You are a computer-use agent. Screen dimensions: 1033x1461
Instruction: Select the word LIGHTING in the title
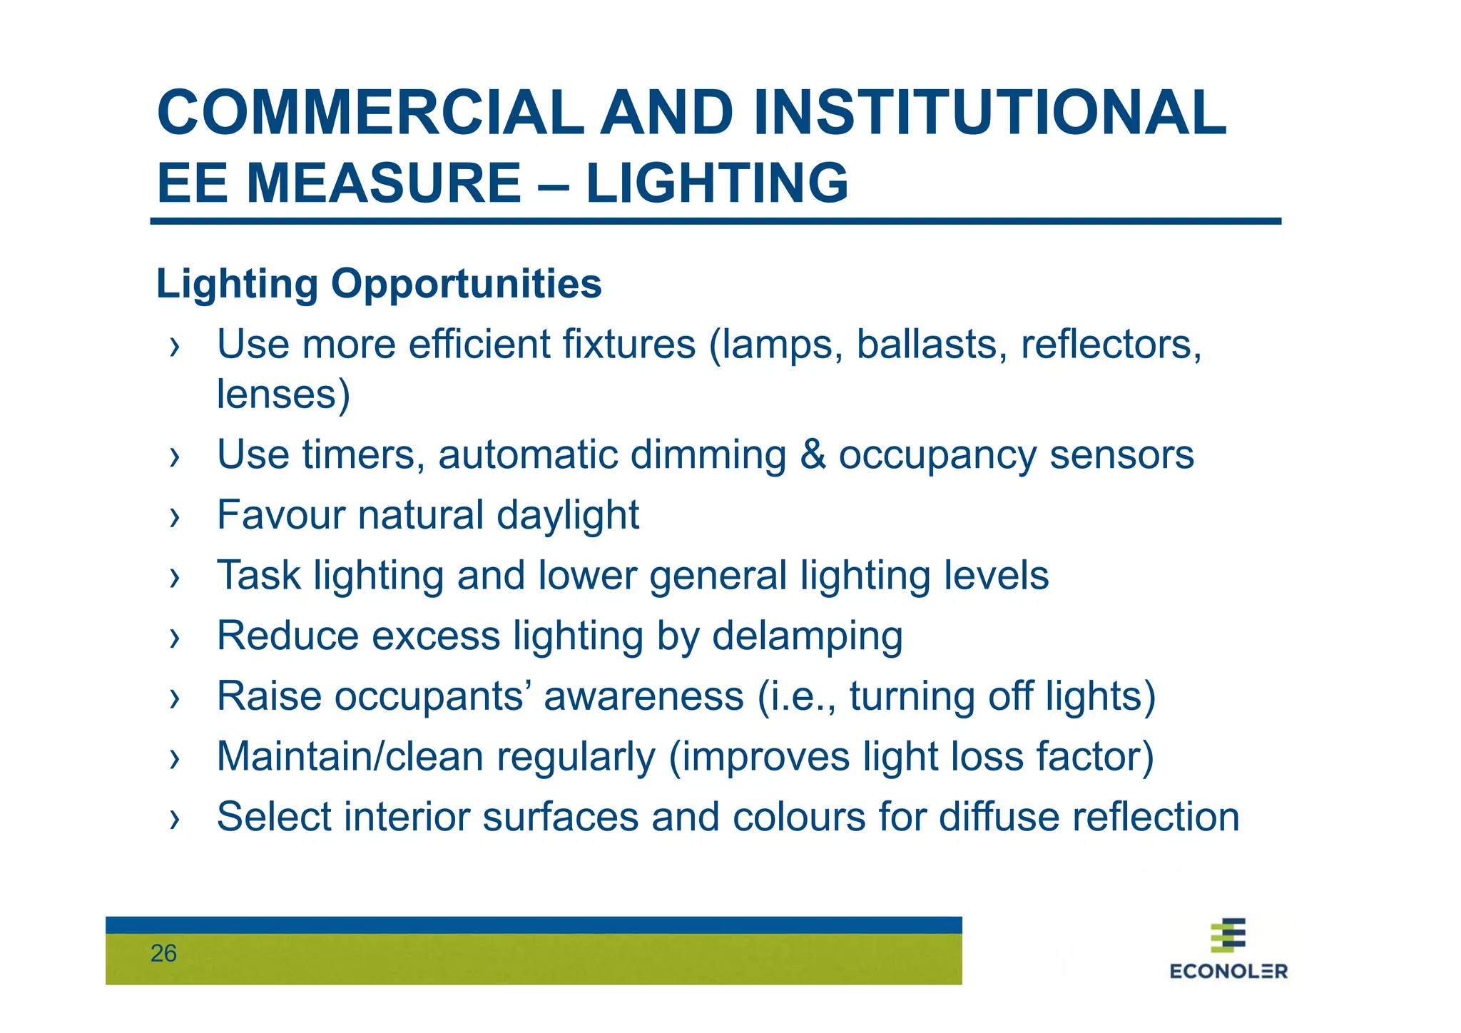pos(717,183)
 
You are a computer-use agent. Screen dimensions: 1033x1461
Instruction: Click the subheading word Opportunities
pos(466,284)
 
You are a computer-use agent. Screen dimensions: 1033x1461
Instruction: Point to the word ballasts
pos(932,345)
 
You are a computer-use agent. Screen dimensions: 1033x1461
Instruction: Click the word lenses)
pos(283,395)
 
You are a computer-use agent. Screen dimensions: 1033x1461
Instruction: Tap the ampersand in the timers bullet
pos(813,454)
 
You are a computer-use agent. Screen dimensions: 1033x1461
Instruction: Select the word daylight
pos(568,516)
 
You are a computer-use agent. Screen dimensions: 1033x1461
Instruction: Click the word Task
pos(258,575)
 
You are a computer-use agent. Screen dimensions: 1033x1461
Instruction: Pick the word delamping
pos(808,636)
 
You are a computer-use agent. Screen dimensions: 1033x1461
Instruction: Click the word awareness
pos(643,696)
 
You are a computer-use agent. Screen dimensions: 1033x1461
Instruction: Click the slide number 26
pos(163,954)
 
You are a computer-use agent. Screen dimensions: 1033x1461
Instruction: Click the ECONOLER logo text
pos(1228,971)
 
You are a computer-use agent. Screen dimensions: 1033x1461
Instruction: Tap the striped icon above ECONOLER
pos(1228,935)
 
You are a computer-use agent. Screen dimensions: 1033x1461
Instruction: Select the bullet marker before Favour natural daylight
pos(174,517)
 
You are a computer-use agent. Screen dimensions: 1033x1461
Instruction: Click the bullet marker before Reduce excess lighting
pos(174,638)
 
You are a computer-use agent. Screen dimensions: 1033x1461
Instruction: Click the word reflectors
pos(1111,345)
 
